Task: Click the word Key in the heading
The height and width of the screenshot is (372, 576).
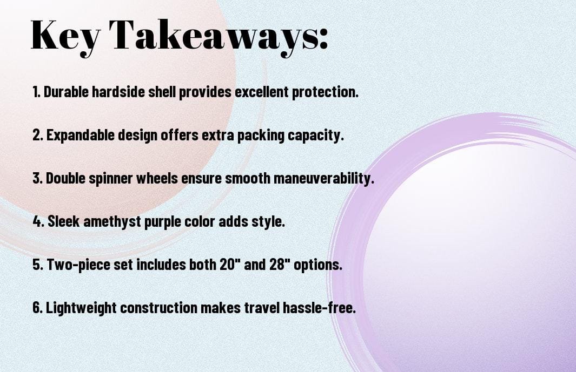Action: tap(65, 36)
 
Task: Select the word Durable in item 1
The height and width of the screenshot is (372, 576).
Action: tap(67, 92)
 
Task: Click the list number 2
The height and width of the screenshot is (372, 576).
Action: tap(37, 135)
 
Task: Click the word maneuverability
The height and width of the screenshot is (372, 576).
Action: tap(323, 179)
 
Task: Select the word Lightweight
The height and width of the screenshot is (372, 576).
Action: tap(81, 308)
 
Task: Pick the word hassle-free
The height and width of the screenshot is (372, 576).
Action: tap(319, 307)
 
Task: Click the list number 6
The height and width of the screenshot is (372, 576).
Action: tap(38, 307)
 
